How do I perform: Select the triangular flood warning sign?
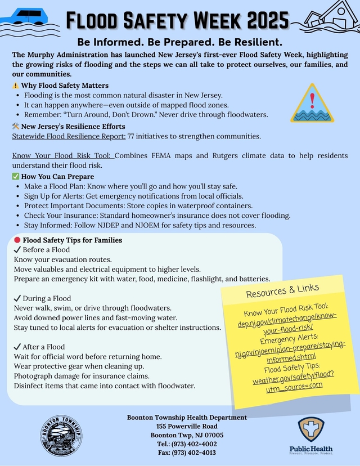tap(313, 104)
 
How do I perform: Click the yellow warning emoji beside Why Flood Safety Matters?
tap(15, 86)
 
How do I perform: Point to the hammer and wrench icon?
tap(15, 126)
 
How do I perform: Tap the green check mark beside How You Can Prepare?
tap(15, 177)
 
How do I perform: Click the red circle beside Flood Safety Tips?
tap(17, 240)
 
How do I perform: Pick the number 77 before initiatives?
tap(132, 136)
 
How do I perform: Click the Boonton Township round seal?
tap(61, 435)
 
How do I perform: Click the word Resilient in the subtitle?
tap(252, 43)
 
